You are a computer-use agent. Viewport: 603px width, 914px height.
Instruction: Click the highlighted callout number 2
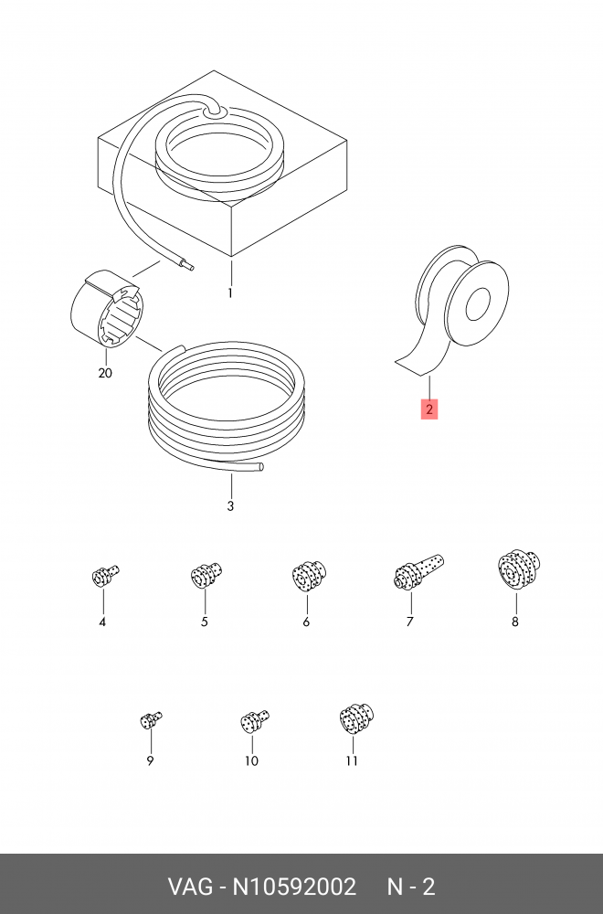pos(428,409)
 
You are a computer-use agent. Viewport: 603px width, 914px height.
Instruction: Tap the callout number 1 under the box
pos(230,292)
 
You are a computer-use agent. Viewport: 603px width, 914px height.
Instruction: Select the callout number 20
pos(105,373)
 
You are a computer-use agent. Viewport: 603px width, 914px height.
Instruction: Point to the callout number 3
pos(230,506)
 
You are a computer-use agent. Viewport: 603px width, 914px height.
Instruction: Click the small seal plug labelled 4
pos(105,575)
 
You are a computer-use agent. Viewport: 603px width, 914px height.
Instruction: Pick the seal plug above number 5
pos(206,575)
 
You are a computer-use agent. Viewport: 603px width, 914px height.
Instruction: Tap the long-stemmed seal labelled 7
pos(418,572)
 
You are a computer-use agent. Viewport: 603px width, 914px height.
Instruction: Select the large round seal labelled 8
pos(519,570)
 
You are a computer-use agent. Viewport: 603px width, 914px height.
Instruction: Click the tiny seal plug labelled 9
pos(151,720)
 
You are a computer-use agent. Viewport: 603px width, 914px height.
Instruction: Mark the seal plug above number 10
pos(255,722)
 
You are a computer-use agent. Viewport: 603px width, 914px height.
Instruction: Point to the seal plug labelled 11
pos(356,719)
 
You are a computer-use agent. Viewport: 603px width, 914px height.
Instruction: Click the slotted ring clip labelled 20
pos(105,309)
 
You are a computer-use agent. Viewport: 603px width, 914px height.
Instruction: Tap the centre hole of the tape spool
pos(480,303)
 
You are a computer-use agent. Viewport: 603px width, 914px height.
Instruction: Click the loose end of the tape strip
pos(408,367)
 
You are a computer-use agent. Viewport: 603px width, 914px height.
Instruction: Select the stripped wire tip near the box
pos(189,266)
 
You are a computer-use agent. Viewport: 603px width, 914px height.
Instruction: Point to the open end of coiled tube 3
pos(261,466)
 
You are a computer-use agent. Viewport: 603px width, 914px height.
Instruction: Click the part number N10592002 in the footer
pos(294,887)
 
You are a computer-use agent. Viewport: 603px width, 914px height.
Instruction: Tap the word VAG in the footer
pos(191,887)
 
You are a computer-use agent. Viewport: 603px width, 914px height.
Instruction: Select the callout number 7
pos(409,622)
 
